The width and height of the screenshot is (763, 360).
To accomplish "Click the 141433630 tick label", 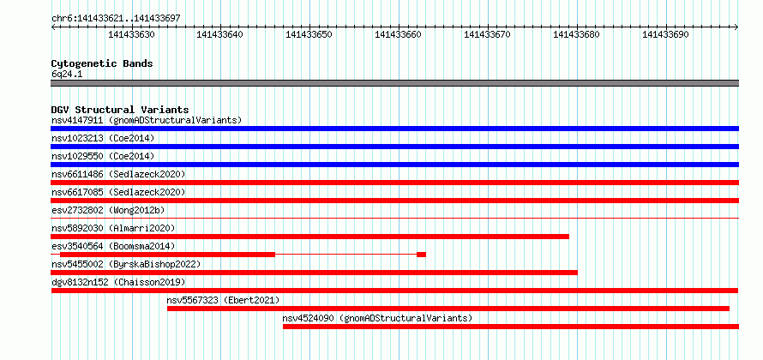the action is coord(131,34).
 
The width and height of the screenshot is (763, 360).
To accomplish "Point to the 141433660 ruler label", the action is coord(398,34).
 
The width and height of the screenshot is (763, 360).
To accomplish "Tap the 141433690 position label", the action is coord(665,34).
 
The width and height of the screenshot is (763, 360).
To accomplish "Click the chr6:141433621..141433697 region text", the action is coord(116,19).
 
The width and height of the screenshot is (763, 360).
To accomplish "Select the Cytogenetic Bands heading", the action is coord(102,63).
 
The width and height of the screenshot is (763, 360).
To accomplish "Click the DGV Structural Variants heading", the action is coord(120,110).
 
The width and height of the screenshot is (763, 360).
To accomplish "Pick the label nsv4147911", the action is coord(77,120).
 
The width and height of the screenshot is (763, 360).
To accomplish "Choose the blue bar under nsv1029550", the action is coord(394,165).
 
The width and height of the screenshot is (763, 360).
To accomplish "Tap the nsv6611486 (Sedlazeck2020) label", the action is coord(118,174).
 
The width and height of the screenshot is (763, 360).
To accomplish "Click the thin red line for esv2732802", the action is coord(394,218).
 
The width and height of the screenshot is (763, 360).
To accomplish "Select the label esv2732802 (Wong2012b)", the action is coord(108,210).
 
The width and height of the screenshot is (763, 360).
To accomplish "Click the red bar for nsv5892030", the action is coord(310,237).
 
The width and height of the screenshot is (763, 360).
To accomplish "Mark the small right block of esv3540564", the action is coord(422,255).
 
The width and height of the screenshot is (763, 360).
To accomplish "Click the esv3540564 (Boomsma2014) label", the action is coord(113,246).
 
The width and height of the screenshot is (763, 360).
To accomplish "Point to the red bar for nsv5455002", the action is coord(315,273).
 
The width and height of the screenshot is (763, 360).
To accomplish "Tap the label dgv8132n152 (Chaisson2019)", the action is coord(118,282).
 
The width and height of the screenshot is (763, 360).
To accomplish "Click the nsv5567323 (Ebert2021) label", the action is coord(224,300).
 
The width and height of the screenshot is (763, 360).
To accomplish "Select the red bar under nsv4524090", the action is coord(511,327).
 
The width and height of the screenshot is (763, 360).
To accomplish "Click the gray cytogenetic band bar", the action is coord(394,83).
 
